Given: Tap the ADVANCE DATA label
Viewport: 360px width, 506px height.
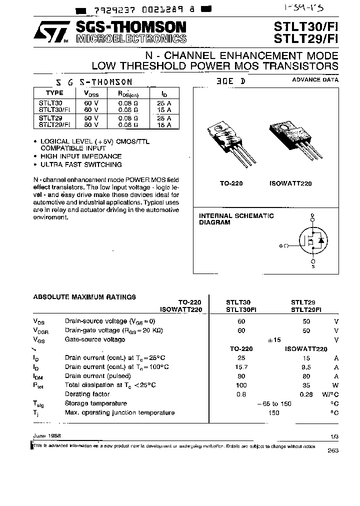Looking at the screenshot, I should tap(315, 79).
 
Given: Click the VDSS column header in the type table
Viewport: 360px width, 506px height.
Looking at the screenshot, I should tap(91, 93).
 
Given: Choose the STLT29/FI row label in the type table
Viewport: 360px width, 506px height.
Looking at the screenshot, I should tap(54, 125).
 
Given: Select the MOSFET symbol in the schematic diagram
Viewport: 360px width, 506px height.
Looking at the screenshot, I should tap(312, 241).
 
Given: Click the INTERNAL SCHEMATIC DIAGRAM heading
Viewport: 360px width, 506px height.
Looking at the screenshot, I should tap(236, 219).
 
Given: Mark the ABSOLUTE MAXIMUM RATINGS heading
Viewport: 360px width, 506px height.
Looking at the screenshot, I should tap(84, 297).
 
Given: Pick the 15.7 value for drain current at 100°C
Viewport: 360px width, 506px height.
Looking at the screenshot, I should tap(241, 367).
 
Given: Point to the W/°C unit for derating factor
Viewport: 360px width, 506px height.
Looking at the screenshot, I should tap(330, 394).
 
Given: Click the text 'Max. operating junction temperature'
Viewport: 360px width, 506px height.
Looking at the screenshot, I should tap(119, 412).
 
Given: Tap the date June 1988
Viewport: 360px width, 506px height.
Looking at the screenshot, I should tap(46, 436).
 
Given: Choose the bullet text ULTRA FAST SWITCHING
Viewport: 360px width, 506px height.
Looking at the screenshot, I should tap(81, 164).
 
